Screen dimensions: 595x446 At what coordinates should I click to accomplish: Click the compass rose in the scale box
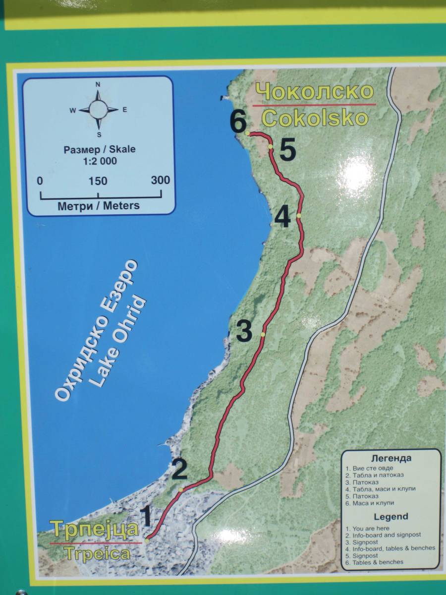point(98,109)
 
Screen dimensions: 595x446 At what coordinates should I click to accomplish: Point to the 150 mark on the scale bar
point(98,181)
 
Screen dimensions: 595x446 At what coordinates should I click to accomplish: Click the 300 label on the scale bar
point(160,180)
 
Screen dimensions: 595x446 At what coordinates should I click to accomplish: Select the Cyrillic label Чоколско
point(315,92)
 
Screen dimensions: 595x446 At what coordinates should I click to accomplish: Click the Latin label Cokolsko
point(315,119)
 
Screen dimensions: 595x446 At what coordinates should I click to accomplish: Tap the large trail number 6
point(238,121)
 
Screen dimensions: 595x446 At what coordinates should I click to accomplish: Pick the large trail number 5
point(288,150)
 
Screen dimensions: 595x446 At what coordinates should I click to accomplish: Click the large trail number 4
point(282,217)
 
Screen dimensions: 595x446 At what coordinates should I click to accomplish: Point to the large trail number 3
point(244,332)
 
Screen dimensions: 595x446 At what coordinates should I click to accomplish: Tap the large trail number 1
point(146,517)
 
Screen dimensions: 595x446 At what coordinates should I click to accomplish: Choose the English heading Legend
point(391,517)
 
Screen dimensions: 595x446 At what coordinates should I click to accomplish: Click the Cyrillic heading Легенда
point(391,459)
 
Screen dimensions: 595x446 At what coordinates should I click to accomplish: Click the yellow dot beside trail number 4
point(299,216)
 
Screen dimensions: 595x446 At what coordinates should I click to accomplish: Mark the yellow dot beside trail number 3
point(263,335)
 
